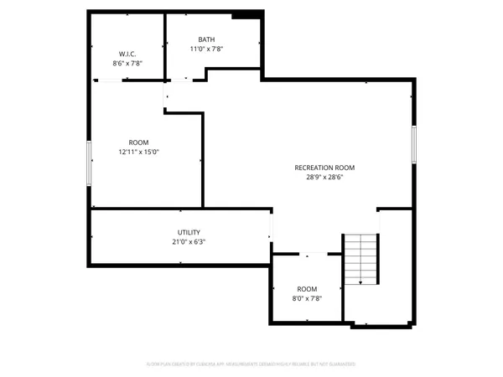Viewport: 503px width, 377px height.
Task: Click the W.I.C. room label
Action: [x=127, y=53]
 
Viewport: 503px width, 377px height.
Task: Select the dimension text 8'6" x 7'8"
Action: [x=127, y=63]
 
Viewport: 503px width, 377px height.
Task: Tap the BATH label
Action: [x=206, y=39]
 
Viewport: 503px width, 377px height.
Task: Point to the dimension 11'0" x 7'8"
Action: [x=206, y=49]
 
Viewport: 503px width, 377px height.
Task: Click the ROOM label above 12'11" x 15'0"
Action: [x=138, y=142]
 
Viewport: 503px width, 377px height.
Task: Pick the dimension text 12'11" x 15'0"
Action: [x=138, y=152]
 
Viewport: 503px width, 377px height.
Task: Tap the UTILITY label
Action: [x=189, y=232]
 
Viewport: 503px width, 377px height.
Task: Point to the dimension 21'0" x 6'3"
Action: [x=189, y=241]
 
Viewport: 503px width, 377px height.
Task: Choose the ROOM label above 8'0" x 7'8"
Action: [x=307, y=288]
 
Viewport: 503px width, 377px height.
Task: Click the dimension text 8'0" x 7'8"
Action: [x=307, y=297]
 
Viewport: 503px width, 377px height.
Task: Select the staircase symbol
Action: [x=362, y=260]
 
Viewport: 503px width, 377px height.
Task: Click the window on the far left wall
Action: [x=90, y=163]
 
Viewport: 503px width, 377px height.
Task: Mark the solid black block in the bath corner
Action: [x=246, y=14]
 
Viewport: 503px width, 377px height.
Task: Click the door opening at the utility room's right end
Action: [x=270, y=227]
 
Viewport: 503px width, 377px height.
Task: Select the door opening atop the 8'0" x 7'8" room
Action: [x=307, y=254]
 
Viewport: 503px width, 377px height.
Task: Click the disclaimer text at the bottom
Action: [x=251, y=364]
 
